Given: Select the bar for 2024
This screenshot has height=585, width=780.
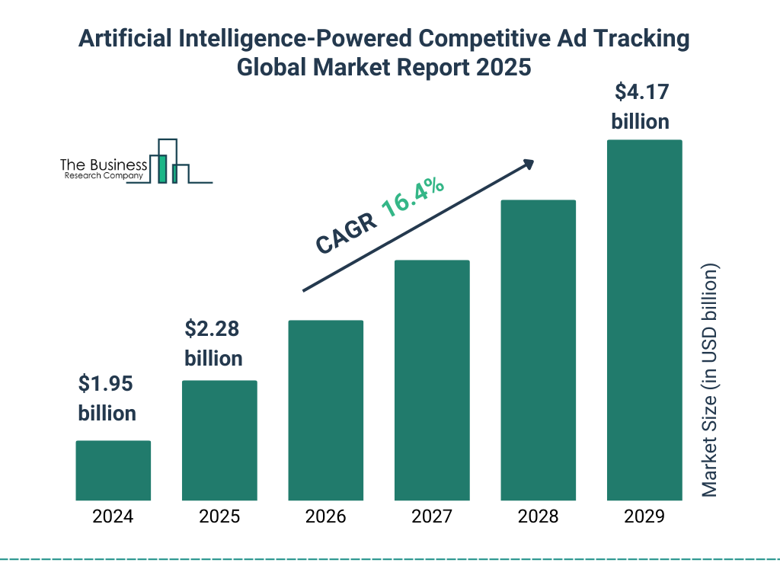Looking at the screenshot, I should tap(113, 470).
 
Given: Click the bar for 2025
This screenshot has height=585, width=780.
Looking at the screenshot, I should tap(219, 440).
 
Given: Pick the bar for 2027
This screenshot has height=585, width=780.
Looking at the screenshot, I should tap(432, 380).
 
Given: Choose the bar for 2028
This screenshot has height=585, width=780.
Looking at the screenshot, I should tap(538, 350).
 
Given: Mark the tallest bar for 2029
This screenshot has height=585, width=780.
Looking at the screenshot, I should tap(644, 320).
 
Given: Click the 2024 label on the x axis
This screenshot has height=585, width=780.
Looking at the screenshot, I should tap(113, 516).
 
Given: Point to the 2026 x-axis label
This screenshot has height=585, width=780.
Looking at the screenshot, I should tap(325, 516).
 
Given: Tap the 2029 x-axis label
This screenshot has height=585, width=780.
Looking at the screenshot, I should tap(644, 516).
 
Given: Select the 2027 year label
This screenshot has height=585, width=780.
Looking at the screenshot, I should tap(432, 516).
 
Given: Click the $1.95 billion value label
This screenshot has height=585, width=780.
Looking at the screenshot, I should tap(107, 398).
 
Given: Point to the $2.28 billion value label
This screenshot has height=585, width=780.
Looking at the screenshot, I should tap(213, 343).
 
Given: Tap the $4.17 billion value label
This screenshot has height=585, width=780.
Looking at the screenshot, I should tap(641, 107).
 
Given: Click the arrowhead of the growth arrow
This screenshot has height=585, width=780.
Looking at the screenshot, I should tap(528, 164).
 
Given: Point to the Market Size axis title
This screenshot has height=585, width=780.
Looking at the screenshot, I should tap(710, 381).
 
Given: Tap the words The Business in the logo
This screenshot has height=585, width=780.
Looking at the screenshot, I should tap(104, 165).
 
